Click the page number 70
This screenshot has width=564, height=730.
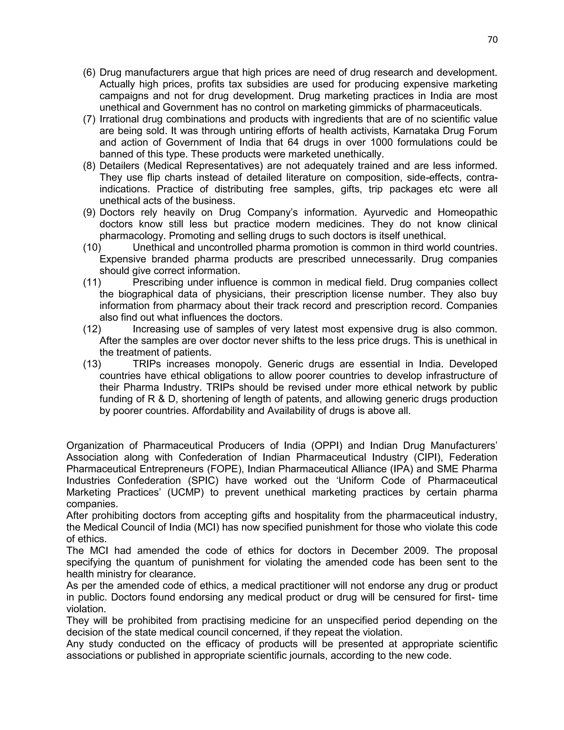pos(492,40)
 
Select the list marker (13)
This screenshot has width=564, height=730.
pos(92,364)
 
